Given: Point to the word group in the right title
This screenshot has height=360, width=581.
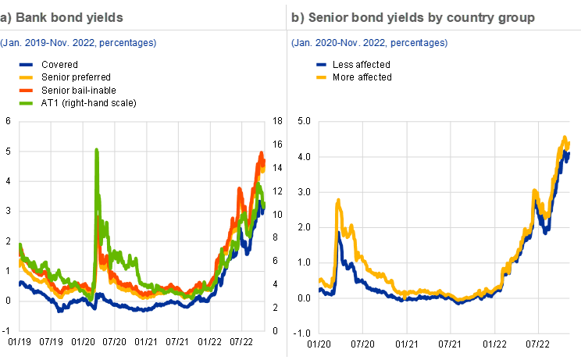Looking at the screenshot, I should (514, 16).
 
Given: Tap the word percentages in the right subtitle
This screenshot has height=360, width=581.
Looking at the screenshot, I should (418, 42).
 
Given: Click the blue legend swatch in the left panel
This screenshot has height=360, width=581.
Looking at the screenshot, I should (26, 66).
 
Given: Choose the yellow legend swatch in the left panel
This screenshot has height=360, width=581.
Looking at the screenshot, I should (26, 78).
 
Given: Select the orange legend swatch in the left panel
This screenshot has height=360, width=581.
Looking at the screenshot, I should (26, 91).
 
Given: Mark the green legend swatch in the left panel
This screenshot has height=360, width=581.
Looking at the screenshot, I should (26, 103).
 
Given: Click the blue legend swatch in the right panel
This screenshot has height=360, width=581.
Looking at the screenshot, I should (322, 66).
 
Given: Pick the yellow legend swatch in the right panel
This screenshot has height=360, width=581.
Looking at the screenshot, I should (322, 78).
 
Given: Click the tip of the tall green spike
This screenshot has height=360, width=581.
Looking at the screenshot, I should (96, 149).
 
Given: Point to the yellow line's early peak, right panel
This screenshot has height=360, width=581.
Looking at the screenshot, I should (339, 200).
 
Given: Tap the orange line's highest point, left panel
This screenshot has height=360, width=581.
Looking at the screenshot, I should (262, 154).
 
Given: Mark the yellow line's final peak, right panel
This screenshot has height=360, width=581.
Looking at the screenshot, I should (565, 138).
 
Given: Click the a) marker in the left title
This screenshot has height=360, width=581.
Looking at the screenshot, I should (5, 16).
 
